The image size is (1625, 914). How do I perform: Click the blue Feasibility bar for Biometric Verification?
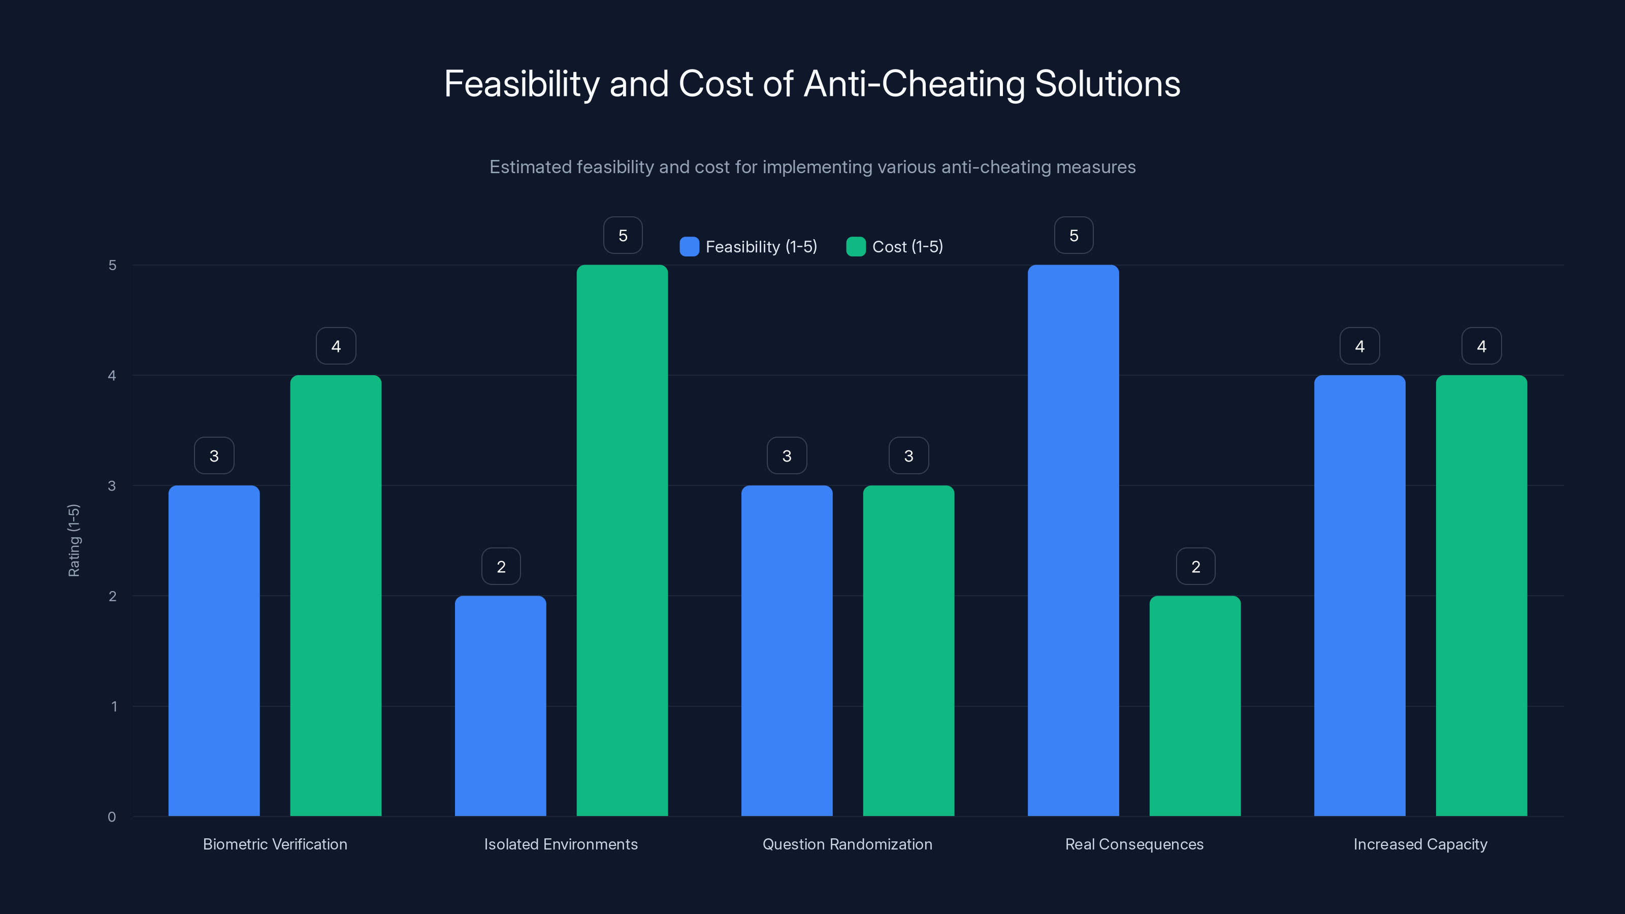click(214, 650)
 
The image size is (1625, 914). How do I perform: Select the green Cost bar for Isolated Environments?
click(622, 540)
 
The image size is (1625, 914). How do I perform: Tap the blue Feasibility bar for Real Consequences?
click(1073, 540)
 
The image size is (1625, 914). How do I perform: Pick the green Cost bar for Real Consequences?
click(1195, 705)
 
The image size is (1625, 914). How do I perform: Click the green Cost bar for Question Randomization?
click(908, 650)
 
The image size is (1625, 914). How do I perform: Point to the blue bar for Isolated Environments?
click(500, 705)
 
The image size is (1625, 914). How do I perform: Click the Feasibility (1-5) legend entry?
click(749, 247)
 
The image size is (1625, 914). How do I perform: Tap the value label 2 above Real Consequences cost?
click(1195, 567)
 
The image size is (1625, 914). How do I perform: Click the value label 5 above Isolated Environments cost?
click(623, 235)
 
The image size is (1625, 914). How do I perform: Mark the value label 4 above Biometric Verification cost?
click(336, 346)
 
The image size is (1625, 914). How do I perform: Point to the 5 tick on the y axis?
click(112, 265)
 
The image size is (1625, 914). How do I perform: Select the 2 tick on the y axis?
click(112, 596)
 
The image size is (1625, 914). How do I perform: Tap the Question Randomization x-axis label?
click(847, 844)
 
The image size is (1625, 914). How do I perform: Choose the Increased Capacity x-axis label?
click(1420, 844)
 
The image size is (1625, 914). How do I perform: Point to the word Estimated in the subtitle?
click(530, 167)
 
